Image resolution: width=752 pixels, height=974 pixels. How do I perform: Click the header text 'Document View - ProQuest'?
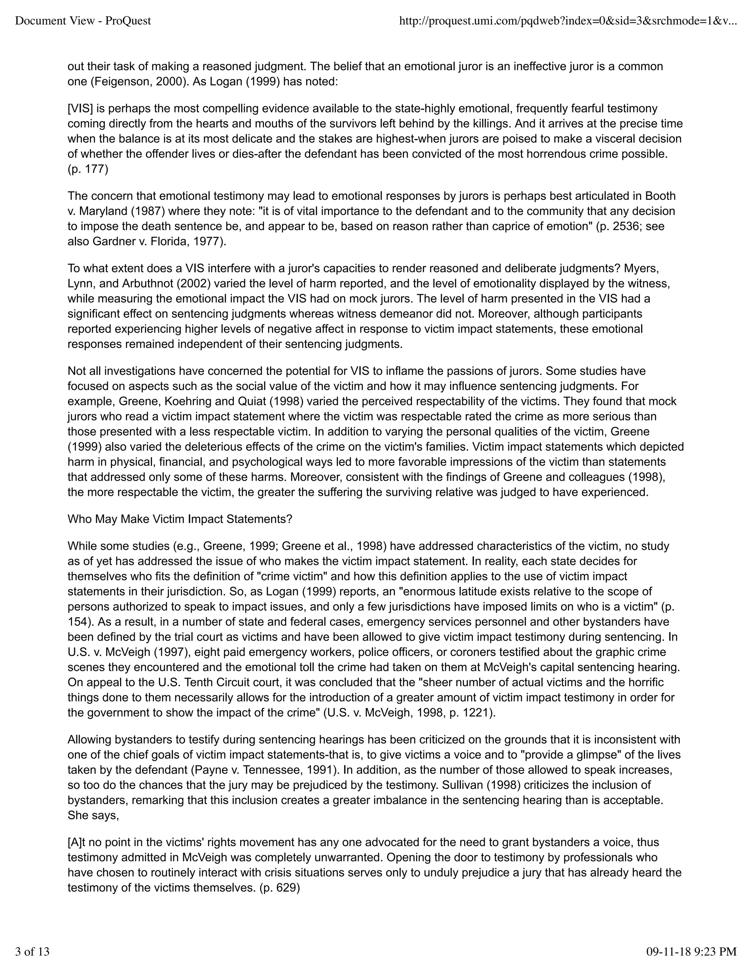point(83,21)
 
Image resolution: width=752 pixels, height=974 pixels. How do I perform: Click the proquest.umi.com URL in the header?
point(568,21)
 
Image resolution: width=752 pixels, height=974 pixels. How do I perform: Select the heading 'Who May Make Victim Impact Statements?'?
point(180,519)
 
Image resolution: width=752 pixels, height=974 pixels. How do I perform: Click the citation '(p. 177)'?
point(88,169)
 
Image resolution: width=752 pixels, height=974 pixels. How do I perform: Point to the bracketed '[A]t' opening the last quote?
point(79,842)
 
